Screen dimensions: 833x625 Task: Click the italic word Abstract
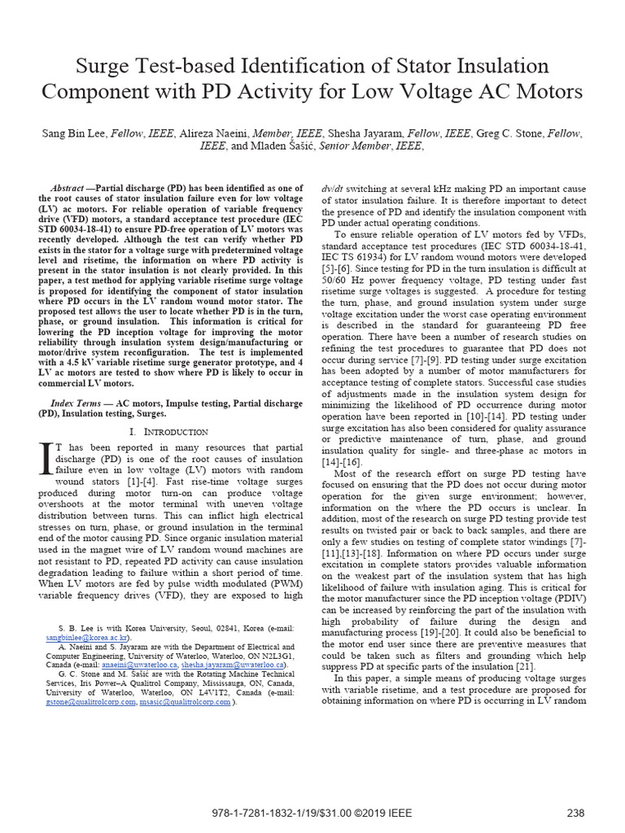click(67, 187)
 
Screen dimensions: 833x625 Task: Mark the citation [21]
click(522, 667)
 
